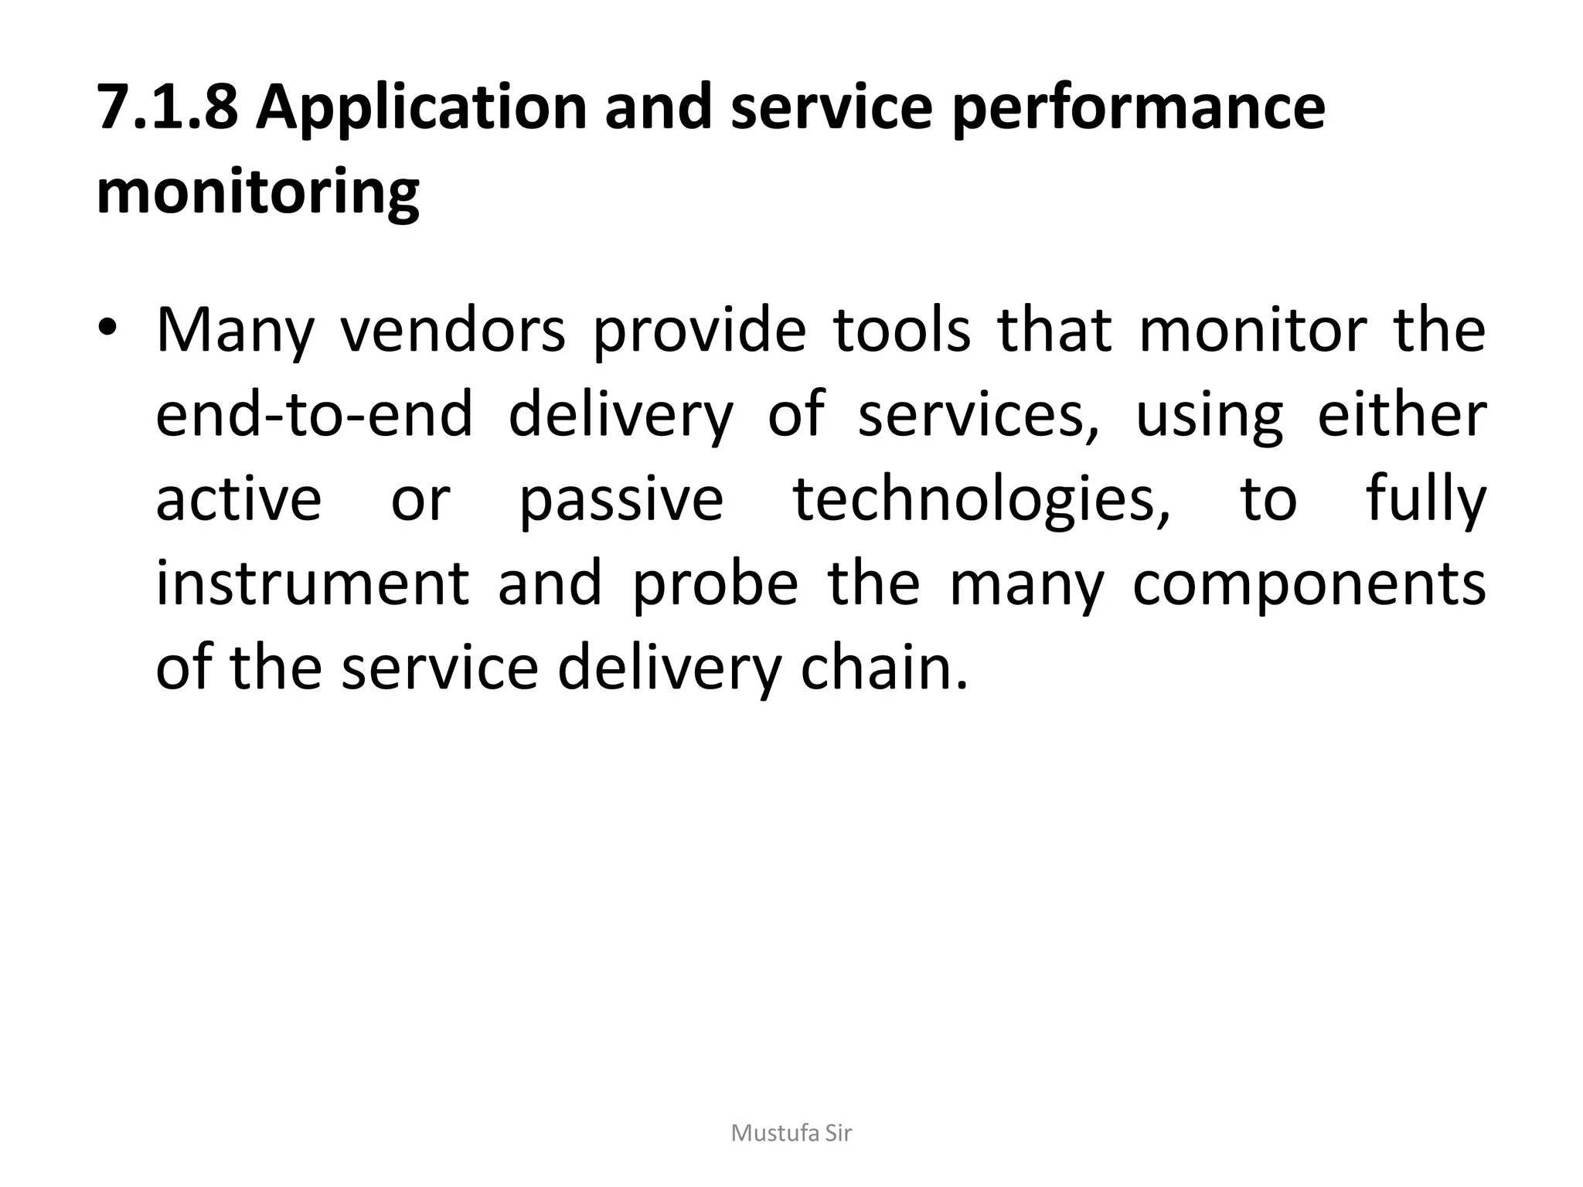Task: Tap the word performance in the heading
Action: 1138,108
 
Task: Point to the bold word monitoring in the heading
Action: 257,193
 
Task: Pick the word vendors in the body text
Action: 453,331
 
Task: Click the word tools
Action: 901,331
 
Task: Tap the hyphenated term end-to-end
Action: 314,414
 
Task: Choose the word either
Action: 1401,414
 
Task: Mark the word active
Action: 238,499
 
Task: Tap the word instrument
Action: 312,583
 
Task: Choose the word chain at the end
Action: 884,668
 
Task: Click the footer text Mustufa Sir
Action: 791,1134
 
